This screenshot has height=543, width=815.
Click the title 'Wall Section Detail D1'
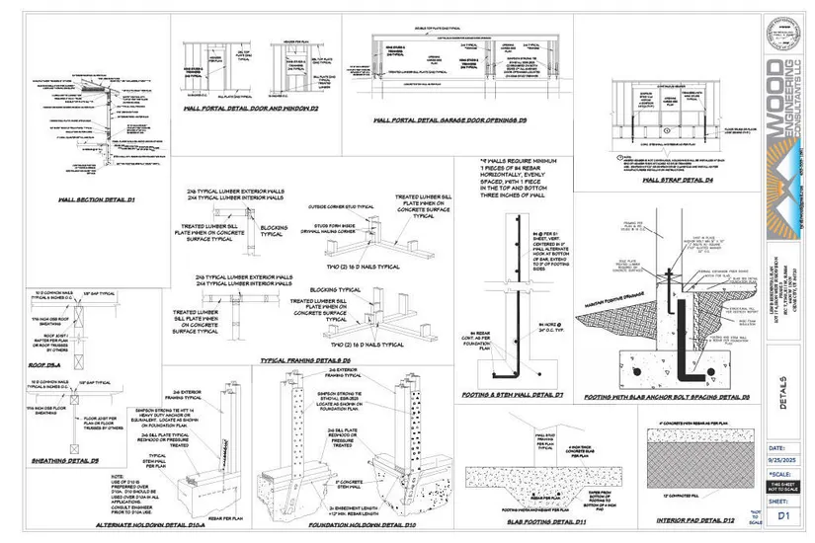96,199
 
